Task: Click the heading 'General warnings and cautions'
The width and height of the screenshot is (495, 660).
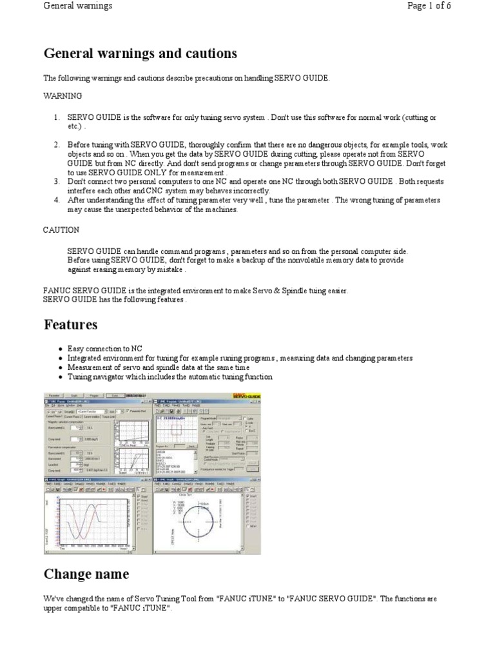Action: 141,53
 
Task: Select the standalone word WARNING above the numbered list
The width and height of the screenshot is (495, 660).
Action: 63,96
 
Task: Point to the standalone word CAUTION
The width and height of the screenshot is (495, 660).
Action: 61,230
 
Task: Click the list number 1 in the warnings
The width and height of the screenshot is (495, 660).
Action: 56,117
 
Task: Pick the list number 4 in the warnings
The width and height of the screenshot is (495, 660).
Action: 56,200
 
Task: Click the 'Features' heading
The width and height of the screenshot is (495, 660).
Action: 70,324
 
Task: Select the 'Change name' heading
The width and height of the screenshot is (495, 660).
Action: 86,574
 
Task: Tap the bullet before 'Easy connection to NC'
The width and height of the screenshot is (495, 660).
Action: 59,348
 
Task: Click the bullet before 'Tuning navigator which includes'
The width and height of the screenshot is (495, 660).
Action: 59,377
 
